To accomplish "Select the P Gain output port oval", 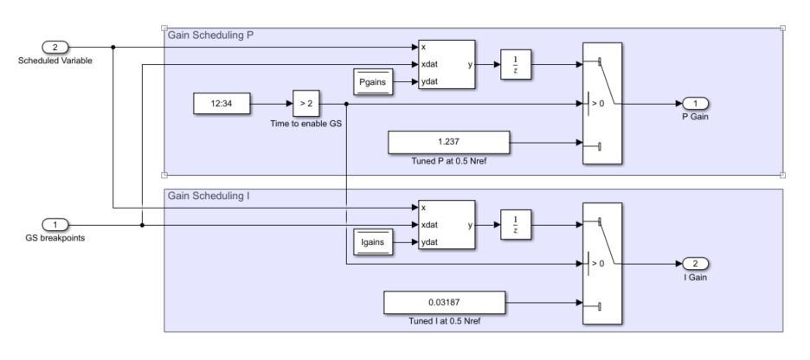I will [695, 104].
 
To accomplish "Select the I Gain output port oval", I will [695, 264].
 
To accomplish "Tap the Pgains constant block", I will [374, 82].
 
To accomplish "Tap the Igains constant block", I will [374, 243].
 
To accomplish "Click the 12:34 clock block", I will [222, 105].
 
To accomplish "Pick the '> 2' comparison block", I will [306, 105].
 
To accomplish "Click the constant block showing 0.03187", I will [444, 303].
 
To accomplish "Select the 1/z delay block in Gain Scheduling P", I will [516, 65].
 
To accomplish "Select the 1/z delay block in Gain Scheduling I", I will [516, 225].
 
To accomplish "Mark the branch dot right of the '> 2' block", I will [347, 105].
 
